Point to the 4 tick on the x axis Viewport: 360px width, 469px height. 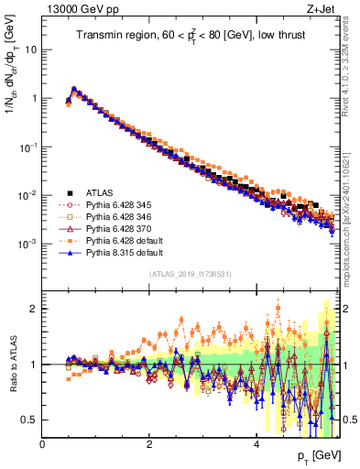tap(256, 443)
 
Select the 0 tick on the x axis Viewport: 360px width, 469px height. tap(42, 443)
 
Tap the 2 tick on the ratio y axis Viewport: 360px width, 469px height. tap(34, 309)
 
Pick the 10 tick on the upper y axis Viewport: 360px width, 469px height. tap(30, 49)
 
